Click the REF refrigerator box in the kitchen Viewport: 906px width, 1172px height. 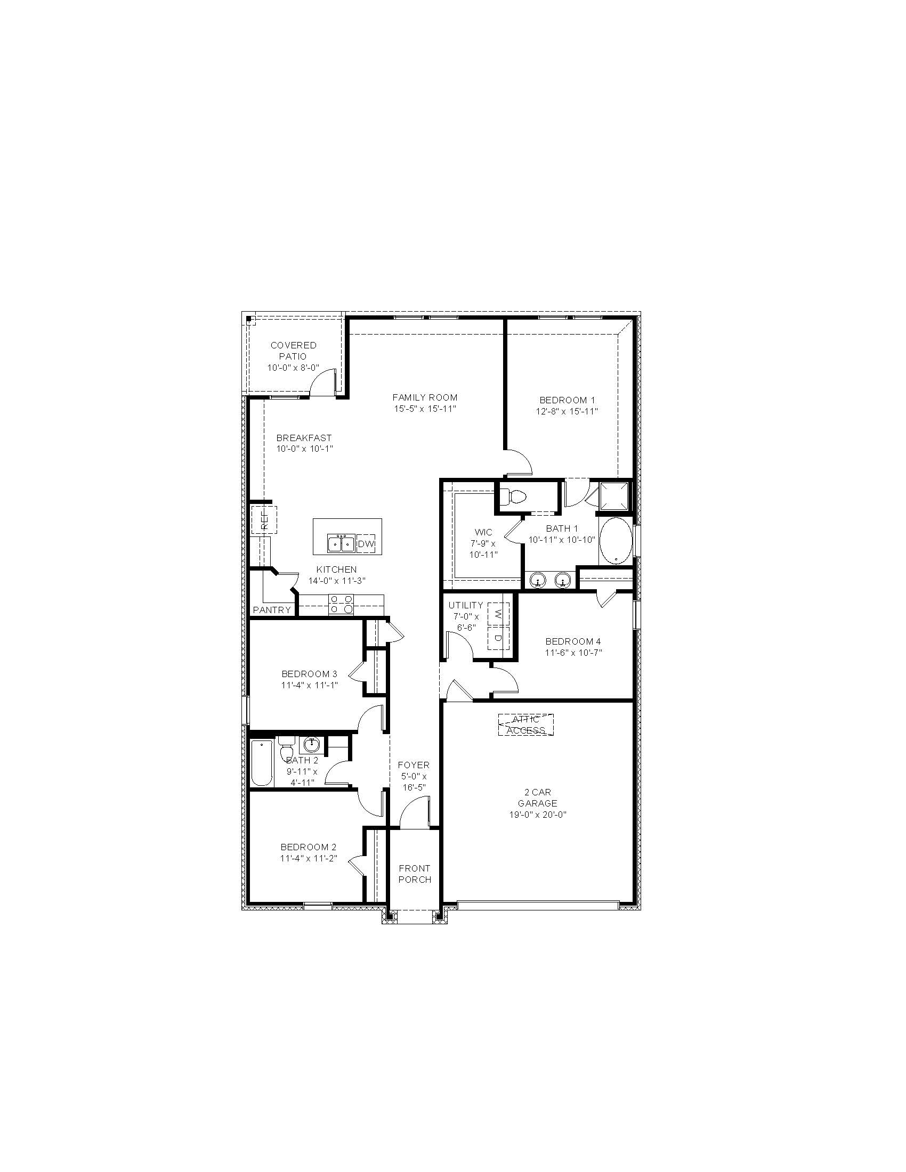[x=264, y=519]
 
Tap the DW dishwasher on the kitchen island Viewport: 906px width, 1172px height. [x=366, y=544]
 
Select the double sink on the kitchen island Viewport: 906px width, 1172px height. [x=342, y=543]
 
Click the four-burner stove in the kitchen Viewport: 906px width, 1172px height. [x=342, y=604]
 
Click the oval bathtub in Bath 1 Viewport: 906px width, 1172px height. [x=616, y=540]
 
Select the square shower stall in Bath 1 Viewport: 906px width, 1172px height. [x=615, y=496]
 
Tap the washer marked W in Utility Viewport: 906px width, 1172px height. [x=499, y=614]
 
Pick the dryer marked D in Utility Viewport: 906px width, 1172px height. [x=499, y=638]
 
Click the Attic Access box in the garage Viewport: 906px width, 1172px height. [x=525, y=725]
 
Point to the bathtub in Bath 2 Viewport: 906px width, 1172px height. [x=262, y=762]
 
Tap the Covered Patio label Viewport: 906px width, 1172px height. [x=294, y=351]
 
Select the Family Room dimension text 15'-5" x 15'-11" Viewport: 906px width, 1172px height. [x=425, y=409]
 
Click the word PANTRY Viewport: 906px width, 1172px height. [x=272, y=609]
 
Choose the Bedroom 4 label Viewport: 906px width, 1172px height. [x=573, y=641]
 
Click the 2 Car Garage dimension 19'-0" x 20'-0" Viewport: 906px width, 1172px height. [x=538, y=815]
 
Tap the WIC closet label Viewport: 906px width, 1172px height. [x=483, y=532]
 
